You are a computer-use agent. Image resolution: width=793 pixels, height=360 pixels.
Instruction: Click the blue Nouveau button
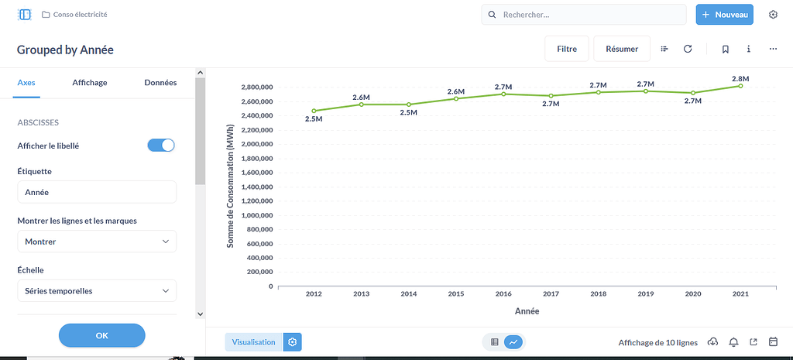coord(724,15)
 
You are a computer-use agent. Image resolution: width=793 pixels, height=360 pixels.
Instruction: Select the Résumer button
coord(621,49)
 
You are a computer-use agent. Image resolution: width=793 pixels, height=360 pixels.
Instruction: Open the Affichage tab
coord(90,83)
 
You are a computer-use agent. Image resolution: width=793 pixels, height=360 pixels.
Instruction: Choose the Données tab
coord(160,83)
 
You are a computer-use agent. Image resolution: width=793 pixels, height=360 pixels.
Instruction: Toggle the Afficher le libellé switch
coord(161,146)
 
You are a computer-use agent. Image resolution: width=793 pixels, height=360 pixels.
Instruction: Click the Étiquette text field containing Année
coord(97,192)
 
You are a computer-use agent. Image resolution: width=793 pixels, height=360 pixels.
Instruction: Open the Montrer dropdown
coord(97,242)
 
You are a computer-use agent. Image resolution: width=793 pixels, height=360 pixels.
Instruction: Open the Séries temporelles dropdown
coord(97,291)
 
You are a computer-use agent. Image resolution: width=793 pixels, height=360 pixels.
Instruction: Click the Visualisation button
coord(253,342)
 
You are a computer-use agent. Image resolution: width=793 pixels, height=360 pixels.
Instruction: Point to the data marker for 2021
coord(740,86)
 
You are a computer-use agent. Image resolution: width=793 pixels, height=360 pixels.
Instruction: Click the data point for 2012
coord(314,111)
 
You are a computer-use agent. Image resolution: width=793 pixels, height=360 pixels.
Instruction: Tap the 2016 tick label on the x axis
coord(503,294)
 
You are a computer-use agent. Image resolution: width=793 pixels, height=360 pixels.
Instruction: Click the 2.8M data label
coord(740,79)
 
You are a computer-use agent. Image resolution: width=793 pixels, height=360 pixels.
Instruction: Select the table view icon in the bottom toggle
coord(495,342)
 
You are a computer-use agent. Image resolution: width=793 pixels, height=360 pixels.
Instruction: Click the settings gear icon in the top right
coord(773,15)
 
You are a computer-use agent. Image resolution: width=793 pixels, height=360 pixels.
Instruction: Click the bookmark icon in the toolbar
coord(726,49)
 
